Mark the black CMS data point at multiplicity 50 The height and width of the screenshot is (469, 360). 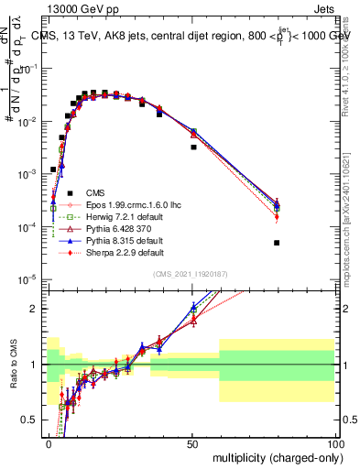(193, 147)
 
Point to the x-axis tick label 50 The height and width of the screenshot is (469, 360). (192, 442)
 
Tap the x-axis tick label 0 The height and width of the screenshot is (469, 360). (49, 442)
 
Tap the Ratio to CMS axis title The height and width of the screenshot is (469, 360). (12, 362)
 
